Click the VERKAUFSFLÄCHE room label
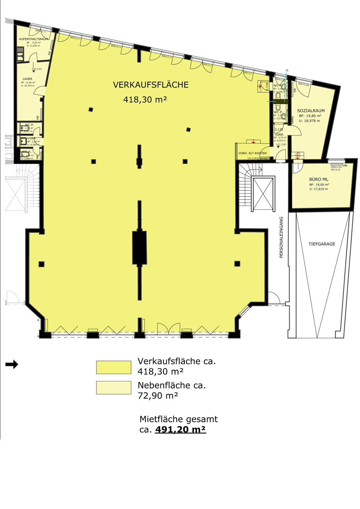[151, 85]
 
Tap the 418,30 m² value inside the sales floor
[145, 100]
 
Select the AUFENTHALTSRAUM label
[33, 39]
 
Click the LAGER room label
[28, 79]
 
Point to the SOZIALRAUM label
[311, 111]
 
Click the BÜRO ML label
[319, 179]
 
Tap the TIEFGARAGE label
[322, 244]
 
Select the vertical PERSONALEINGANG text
[281, 237]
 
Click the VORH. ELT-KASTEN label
[252, 153]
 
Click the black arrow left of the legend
[12, 364]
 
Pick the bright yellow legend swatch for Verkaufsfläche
[114, 367]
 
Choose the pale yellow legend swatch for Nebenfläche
[114, 388]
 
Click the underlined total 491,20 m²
[181, 429]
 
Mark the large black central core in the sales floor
[139, 247]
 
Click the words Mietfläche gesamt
[179, 419]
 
